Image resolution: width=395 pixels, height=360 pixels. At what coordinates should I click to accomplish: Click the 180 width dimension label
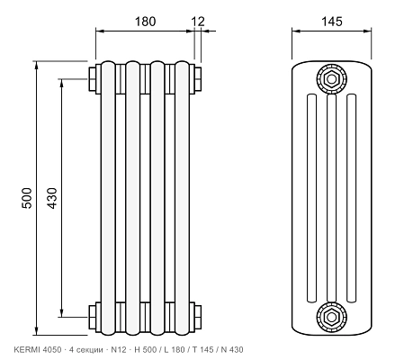pos(145,22)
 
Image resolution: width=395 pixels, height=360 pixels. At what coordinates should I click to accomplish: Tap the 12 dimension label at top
pos(198,22)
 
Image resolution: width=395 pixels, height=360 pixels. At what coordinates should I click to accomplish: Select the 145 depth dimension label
pos(331,22)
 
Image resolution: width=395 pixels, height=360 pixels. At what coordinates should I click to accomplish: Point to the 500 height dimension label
pos(27,198)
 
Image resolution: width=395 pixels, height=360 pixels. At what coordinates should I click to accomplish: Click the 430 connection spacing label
pos(52,198)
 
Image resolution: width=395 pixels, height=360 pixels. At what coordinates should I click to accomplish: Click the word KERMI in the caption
pos(27,349)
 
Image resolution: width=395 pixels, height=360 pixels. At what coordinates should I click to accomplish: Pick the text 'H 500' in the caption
pos(146,349)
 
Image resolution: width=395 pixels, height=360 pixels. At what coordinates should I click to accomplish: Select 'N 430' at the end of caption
pos(232,349)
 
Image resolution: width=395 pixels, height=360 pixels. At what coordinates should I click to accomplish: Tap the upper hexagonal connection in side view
pos(331,79)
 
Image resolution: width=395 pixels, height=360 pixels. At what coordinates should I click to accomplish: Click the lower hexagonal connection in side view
pos(331,317)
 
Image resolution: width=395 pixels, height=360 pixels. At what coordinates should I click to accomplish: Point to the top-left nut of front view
pos(92,79)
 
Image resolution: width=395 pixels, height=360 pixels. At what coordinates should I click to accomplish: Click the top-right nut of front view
pos(198,79)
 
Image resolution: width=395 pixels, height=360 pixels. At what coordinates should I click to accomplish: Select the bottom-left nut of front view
pos(92,317)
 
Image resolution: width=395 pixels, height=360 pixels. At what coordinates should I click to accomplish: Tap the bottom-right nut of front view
pos(198,317)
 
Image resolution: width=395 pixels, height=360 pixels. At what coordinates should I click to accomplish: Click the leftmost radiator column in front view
pos(108,198)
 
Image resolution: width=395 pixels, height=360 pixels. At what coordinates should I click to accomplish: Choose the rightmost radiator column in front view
pos(183,198)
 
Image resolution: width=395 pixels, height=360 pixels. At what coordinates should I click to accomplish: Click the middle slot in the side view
pos(331,198)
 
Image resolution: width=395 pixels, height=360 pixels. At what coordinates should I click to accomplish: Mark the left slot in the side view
pos(311,198)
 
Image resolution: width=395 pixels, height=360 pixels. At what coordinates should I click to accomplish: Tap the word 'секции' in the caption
pos(88,350)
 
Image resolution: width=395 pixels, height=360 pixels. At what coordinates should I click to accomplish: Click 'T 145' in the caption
pos(203,349)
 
